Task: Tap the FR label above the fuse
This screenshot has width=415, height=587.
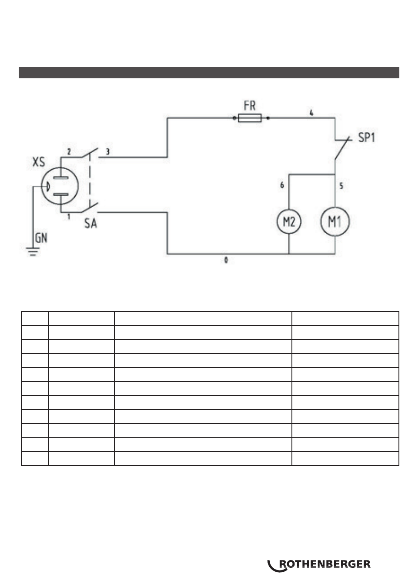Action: [249, 106]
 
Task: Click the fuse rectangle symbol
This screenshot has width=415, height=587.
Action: [250, 118]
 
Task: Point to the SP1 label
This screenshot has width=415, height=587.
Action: [367, 138]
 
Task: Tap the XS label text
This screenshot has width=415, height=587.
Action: [39, 162]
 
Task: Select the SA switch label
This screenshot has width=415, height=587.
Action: [90, 223]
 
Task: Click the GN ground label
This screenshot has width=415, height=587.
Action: [41, 238]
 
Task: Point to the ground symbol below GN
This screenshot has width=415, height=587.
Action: [33, 252]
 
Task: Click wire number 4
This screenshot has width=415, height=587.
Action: [311, 113]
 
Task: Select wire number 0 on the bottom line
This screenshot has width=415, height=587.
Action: [226, 260]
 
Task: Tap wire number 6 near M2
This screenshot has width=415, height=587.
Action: [282, 185]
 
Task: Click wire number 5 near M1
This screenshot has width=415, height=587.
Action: [341, 186]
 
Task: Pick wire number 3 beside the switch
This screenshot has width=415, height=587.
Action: [107, 152]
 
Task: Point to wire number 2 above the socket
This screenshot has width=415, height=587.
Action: [69, 152]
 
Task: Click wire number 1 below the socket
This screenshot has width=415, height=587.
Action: [69, 217]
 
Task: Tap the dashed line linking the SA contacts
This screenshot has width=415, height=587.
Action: [90, 180]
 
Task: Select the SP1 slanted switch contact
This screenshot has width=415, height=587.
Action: [343, 148]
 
